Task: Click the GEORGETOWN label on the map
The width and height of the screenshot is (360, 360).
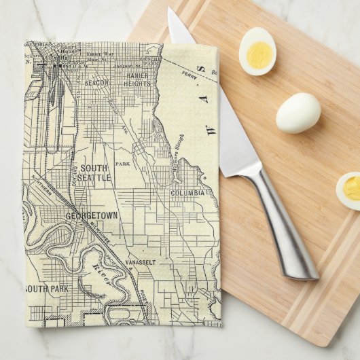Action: click(92, 215)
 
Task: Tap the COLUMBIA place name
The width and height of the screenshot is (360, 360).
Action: click(187, 193)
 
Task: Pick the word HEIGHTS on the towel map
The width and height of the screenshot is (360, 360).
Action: click(137, 84)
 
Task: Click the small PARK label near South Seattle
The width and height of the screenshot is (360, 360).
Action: click(122, 164)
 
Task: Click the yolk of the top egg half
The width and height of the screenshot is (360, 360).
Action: click(258, 54)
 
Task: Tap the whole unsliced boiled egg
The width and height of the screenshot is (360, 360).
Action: click(298, 112)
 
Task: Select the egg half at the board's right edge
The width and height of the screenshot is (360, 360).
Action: click(349, 190)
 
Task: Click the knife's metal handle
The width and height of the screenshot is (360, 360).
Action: click(282, 224)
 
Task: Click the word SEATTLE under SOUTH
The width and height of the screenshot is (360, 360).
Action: click(94, 177)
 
